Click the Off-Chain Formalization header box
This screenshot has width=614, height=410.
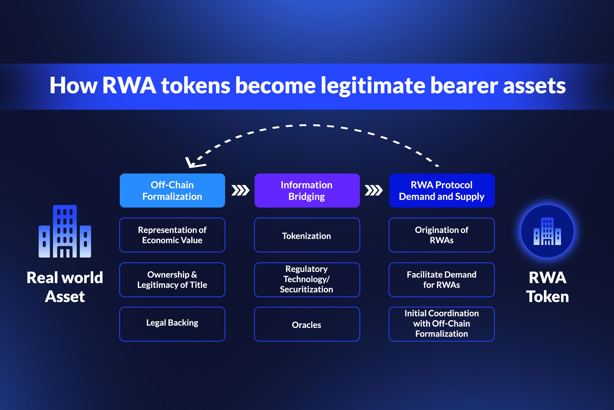pyautogui.click(x=172, y=191)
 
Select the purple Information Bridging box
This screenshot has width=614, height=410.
pyautogui.click(x=307, y=191)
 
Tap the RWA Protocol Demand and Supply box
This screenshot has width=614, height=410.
pyautogui.click(x=442, y=191)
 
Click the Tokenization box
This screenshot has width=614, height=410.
pyautogui.click(x=307, y=235)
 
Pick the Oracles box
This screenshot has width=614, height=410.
pyautogui.click(x=307, y=324)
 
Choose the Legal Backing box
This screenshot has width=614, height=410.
pyautogui.click(x=172, y=324)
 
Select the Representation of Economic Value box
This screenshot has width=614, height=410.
pyautogui.click(x=172, y=235)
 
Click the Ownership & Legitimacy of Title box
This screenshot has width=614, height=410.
pyautogui.click(x=172, y=280)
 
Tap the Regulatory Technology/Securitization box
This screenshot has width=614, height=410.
pyautogui.click(x=307, y=280)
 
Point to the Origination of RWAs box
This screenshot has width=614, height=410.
pyautogui.click(x=442, y=235)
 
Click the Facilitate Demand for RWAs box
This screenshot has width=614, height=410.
pyautogui.click(x=442, y=280)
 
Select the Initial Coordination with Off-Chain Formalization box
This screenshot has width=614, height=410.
pyautogui.click(x=442, y=324)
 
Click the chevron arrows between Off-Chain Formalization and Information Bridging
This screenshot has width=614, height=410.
pyautogui.click(x=240, y=190)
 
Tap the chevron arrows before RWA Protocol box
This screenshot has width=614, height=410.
pyautogui.click(x=374, y=190)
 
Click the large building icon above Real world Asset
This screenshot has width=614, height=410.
pyautogui.click(x=65, y=231)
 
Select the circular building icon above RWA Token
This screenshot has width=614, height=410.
pyautogui.click(x=547, y=231)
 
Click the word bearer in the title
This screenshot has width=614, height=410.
pyautogui.click(x=464, y=86)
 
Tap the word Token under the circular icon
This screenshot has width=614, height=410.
pyautogui.click(x=547, y=297)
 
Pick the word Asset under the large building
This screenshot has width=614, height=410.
pyautogui.click(x=65, y=297)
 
